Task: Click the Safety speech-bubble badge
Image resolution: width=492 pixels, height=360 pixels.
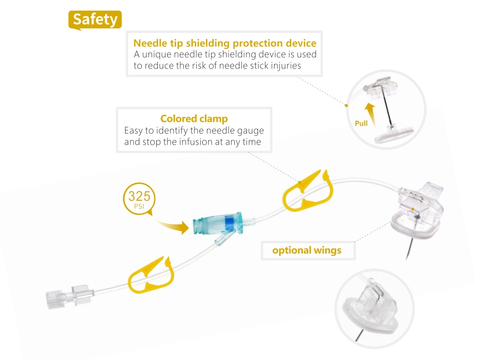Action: (x=95, y=19)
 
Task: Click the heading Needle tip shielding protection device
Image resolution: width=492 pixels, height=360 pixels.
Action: (x=225, y=43)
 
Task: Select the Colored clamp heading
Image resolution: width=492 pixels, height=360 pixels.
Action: (x=194, y=119)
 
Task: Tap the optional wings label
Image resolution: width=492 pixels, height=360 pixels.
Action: (x=307, y=250)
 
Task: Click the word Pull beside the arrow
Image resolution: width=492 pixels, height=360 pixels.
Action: (x=361, y=123)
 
